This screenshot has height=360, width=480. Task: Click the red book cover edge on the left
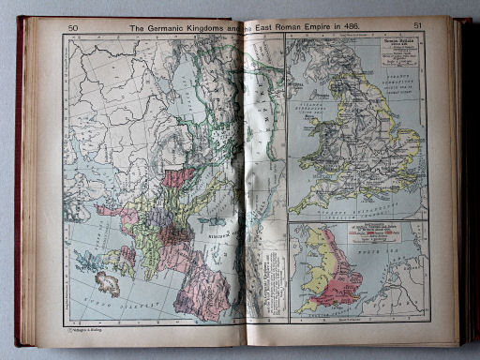click(19, 187)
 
